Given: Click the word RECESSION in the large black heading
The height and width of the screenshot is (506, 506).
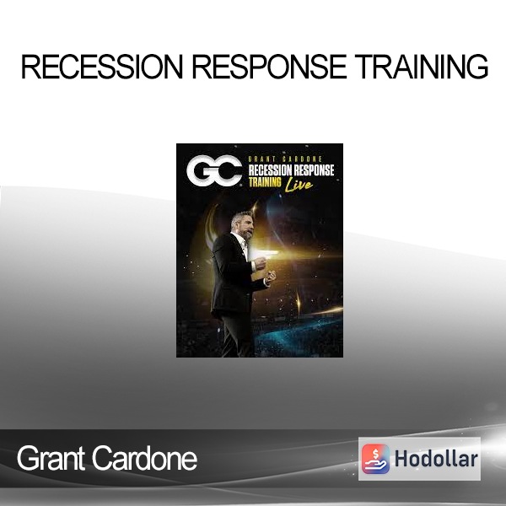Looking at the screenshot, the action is click(102, 67).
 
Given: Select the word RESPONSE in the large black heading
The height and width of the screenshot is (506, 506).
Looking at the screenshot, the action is click(270, 67).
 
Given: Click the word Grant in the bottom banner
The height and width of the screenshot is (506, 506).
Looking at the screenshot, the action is click(51, 458).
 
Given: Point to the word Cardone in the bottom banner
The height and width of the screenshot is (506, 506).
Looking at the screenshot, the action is click(145, 458).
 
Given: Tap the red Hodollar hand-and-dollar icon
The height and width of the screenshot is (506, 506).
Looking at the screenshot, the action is click(375, 459).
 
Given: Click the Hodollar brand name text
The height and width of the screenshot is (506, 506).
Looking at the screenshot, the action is click(436, 459).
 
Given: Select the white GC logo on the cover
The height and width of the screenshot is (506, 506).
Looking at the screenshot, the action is click(214, 170).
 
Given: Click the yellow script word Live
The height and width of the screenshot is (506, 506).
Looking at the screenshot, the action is click(299, 185).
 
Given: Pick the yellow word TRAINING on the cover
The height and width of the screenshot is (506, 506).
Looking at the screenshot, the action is click(265, 182).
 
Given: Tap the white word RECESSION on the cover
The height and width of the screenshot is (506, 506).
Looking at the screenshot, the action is click(270, 170).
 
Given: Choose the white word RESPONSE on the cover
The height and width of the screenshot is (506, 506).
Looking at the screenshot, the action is click(314, 170).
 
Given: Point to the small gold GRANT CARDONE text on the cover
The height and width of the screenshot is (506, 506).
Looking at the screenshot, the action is click(285, 159).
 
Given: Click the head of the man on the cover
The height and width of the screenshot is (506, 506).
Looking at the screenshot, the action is click(242, 225).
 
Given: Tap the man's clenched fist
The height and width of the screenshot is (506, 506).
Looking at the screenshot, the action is click(270, 277).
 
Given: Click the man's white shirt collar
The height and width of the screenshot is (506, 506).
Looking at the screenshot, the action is click(240, 240).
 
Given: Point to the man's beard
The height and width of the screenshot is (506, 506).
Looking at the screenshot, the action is click(247, 234).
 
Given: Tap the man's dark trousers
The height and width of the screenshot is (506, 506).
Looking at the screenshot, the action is click(238, 336).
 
